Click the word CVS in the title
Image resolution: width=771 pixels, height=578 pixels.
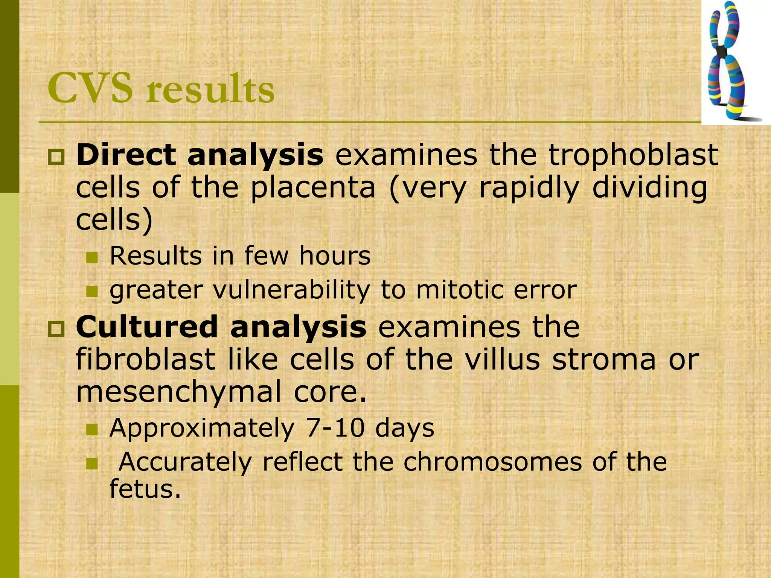pos(90,89)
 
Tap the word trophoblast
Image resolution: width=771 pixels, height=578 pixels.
pos(633,155)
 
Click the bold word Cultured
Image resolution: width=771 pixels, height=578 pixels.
pos(147,327)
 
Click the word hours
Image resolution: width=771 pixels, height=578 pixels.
pos(335,256)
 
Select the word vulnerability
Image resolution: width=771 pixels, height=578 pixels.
pos(292,290)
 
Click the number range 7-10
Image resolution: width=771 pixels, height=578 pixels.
pos(335,428)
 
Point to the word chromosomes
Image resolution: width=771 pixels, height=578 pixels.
pos(493,462)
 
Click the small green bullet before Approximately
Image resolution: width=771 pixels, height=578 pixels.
pos(91,430)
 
